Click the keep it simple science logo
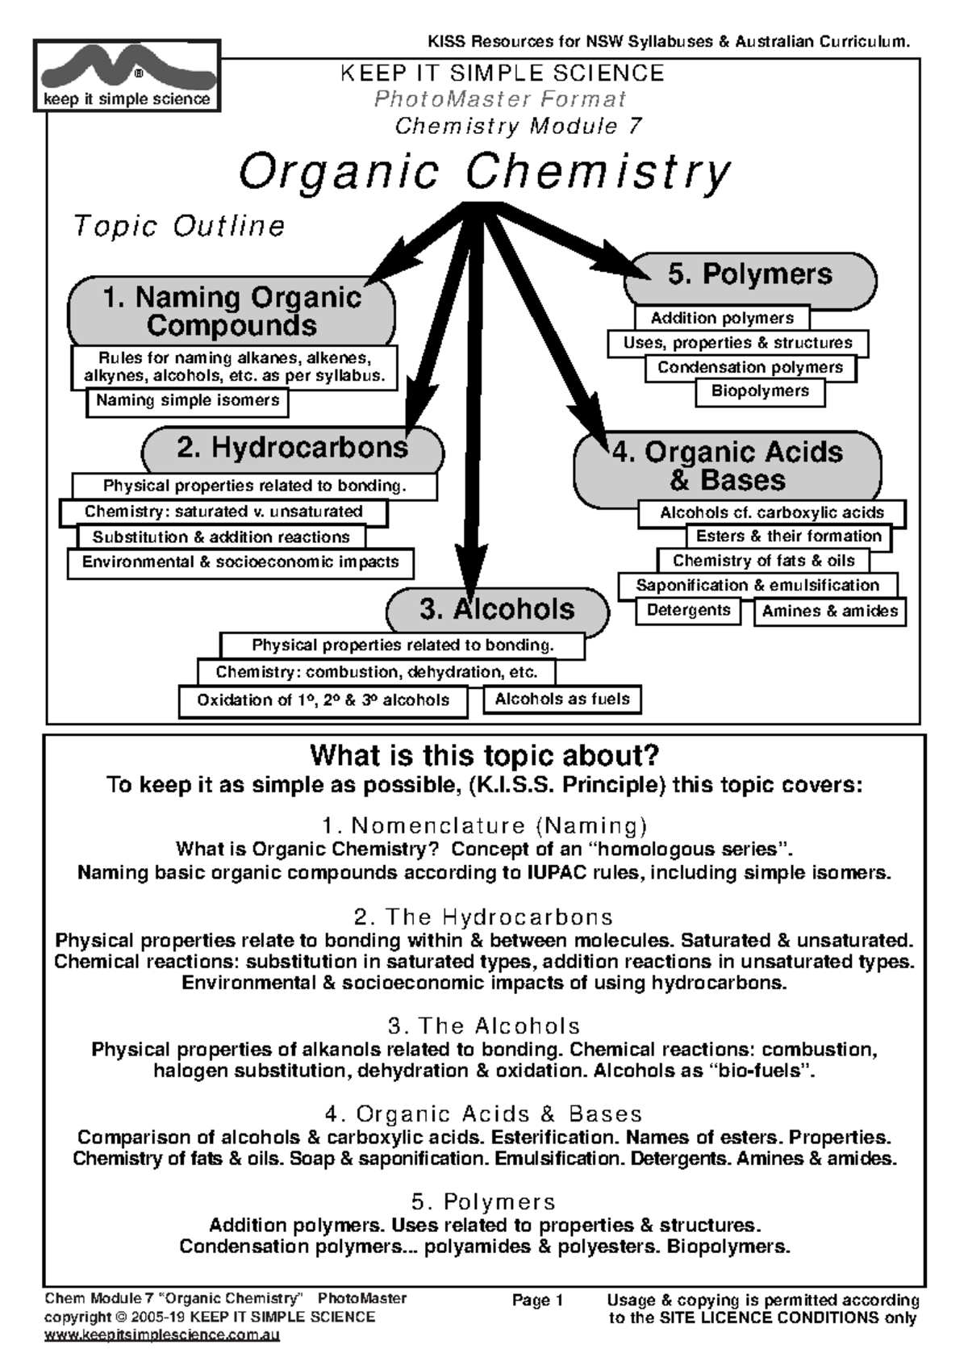[127, 76]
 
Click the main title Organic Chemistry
[484, 173]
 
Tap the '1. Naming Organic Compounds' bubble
[232, 311]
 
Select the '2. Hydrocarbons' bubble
[292, 449]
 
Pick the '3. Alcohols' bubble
[497, 610]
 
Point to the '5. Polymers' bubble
[749, 275]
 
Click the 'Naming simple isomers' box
[187, 401]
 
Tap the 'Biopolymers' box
[760, 391]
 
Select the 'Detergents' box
[688, 611]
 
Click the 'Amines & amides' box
[829, 612]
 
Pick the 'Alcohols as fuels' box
[562, 700]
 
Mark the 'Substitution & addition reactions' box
[221, 537]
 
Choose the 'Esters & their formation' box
[788, 537]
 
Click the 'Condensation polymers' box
[750, 368]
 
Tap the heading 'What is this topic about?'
[484, 757]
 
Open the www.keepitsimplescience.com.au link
[161, 1335]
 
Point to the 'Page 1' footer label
[537, 1301]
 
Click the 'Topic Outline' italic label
[179, 227]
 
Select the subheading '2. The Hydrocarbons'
[483, 917]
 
